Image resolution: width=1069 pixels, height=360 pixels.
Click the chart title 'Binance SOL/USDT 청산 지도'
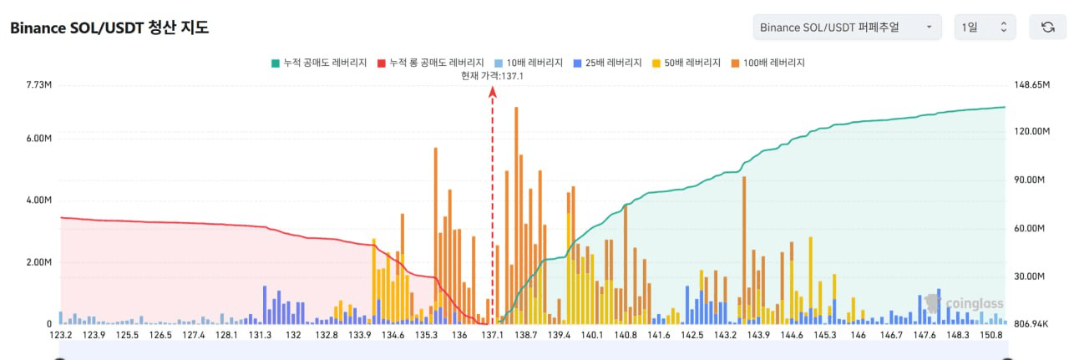point(109,28)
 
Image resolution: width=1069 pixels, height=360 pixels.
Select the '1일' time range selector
point(985,28)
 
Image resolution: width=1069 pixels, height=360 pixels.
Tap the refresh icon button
point(1047,28)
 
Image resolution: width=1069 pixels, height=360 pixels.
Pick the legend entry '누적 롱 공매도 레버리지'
point(431,63)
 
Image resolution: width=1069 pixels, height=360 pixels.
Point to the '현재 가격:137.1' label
point(492,75)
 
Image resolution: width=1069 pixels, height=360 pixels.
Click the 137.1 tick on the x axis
point(492,335)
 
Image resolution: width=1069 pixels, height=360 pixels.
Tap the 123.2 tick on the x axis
point(61,335)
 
